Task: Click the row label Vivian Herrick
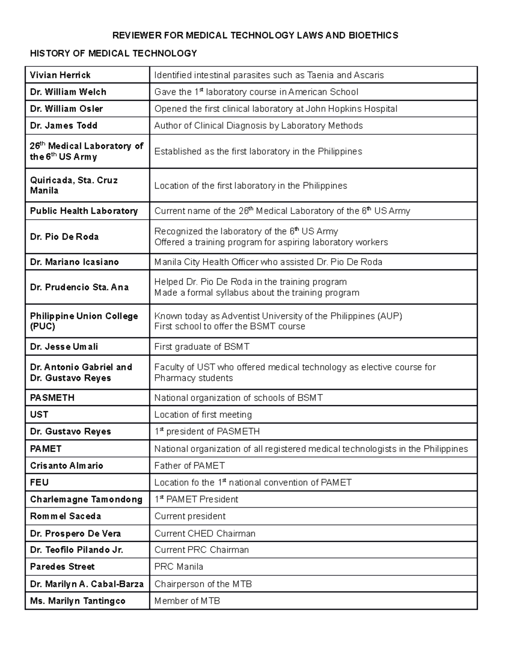pyautogui.click(x=60, y=75)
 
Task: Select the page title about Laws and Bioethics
pyautogui.click(x=255, y=35)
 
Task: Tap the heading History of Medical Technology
pyautogui.click(x=113, y=53)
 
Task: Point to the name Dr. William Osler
pyautogui.click(x=66, y=109)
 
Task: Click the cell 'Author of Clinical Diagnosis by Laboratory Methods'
pyautogui.click(x=258, y=126)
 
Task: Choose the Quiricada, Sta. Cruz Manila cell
pyautogui.click(x=74, y=185)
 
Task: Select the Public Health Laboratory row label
pyautogui.click(x=84, y=211)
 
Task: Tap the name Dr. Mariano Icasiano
pyautogui.click(x=74, y=262)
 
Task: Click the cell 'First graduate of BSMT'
pyautogui.click(x=201, y=347)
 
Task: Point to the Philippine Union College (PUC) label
pyautogui.click(x=84, y=321)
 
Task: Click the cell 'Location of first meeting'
pyautogui.click(x=203, y=415)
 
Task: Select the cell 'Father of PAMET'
pyautogui.click(x=189, y=466)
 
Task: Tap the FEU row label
pyautogui.click(x=39, y=483)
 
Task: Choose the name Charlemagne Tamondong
pyautogui.click(x=86, y=499)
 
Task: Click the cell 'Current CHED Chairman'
pyautogui.click(x=204, y=534)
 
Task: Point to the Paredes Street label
pyautogui.click(x=62, y=567)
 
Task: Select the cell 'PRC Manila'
pyautogui.click(x=178, y=567)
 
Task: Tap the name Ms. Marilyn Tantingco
pyautogui.click(x=78, y=601)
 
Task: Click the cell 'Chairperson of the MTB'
pyautogui.click(x=203, y=584)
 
